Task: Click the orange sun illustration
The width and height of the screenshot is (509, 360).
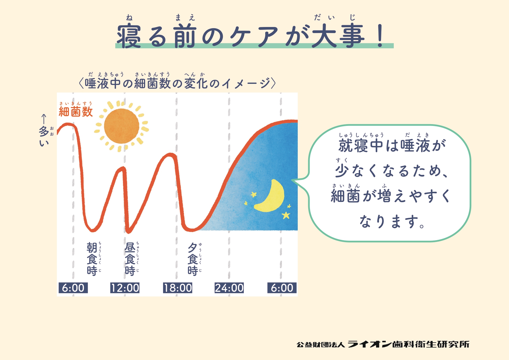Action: click(122, 126)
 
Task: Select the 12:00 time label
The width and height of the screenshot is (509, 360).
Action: click(125, 288)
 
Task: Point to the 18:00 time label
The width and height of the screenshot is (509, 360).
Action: click(178, 288)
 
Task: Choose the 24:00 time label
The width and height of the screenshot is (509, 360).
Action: click(229, 288)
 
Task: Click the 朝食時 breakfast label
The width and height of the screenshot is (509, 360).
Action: click(92, 259)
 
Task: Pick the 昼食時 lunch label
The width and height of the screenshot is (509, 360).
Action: click(130, 259)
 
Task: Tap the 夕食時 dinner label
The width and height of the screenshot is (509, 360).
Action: click(193, 259)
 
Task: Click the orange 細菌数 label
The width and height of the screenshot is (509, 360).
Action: click(76, 112)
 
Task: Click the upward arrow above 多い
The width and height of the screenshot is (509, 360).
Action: click(44, 119)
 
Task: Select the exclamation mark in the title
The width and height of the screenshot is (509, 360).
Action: click(380, 36)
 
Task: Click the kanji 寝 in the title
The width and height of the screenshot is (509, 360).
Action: click(129, 36)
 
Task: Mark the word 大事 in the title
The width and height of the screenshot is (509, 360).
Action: click(338, 36)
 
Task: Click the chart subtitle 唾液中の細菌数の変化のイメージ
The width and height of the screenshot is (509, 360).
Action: click(177, 84)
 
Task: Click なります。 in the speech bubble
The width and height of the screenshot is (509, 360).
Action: click(392, 222)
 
